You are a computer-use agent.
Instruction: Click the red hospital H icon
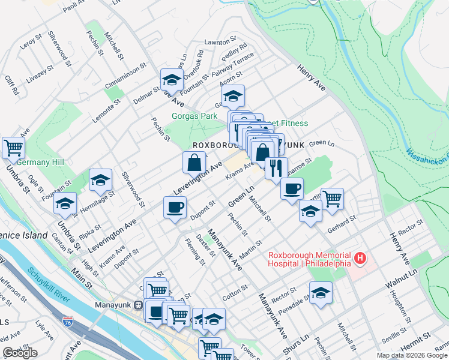pyautogui.click(x=360, y=259)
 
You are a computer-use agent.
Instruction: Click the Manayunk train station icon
pyautogui.click(x=139, y=304)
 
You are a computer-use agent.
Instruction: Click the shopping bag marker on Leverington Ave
pyautogui.click(x=195, y=162)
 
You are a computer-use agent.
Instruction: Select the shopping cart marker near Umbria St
pyautogui.click(x=13, y=147)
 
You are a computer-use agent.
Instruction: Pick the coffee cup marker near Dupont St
pyautogui.click(x=175, y=208)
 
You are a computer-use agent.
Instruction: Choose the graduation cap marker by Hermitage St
pyautogui.click(x=101, y=179)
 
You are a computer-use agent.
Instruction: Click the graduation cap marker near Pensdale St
pyautogui.click(x=321, y=293)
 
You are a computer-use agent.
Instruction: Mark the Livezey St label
pyautogui.click(x=40, y=77)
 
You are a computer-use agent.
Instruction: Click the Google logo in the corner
pyautogui.click(x=20, y=353)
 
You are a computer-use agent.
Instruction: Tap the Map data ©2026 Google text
pyautogui.click(x=411, y=355)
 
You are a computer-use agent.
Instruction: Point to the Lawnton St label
pyautogui.click(x=217, y=42)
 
